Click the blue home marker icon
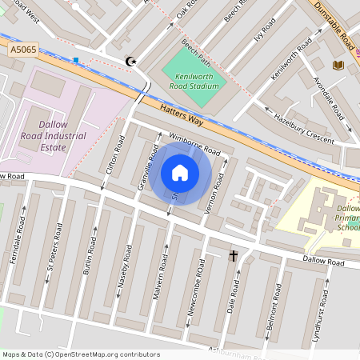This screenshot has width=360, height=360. point(180,173)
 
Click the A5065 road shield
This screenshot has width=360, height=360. point(24,50)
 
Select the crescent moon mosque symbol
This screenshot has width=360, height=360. point(132,61)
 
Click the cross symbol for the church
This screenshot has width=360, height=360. point(234,256)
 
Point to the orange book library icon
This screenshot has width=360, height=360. point(338,64)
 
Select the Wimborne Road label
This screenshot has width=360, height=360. point(194,143)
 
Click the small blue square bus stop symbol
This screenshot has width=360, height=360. point(76,60)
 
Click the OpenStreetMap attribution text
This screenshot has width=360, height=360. point(81,354)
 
